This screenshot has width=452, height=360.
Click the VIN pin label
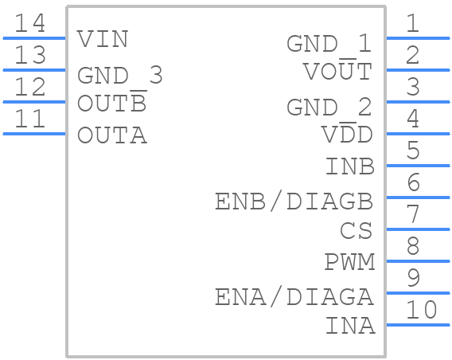click(103, 39)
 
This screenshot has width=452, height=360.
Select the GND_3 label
click(120, 75)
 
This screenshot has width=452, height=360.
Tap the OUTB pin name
click(112, 101)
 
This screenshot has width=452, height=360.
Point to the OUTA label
click(112, 135)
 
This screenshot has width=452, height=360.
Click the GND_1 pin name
click(329, 44)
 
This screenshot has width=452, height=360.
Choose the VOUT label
click(337, 70)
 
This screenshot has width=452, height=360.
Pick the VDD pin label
click(347, 133)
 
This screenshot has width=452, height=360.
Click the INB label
click(350, 166)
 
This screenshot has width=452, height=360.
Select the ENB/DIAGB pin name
click(294, 202)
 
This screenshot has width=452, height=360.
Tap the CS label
click(356, 230)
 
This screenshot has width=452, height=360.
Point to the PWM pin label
click(349, 262)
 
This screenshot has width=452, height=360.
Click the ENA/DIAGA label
click(294, 297)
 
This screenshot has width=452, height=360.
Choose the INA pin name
click(350, 326)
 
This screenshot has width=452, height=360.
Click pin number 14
click(29, 23)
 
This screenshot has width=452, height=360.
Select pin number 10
click(422, 310)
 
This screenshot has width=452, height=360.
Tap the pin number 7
click(413, 213)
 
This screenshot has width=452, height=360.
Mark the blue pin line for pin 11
click(34, 134)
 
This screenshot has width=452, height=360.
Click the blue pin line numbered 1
click(418, 38)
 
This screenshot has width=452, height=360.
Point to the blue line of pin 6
click(418, 198)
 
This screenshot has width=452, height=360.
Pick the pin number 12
click(29, 87)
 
